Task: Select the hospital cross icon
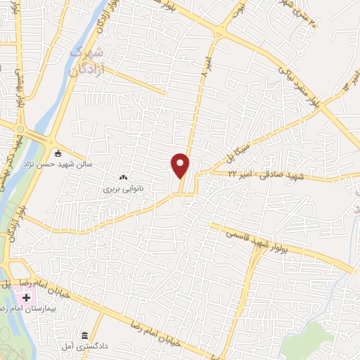[x=26, y=298]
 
